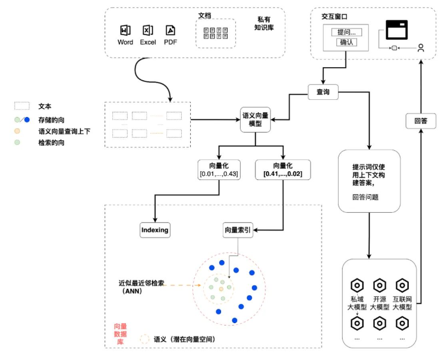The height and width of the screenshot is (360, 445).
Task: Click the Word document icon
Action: pos(125,30)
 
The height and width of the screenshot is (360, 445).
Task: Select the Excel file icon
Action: pos(147,30)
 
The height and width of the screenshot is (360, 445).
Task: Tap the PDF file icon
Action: pos(171,30)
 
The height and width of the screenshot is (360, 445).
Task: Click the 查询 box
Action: pos(323,92)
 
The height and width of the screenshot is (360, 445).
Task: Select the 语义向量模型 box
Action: pos(255,119)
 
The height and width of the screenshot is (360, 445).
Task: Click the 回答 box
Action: pos(421,121)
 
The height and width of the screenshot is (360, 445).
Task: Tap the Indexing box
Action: pos(155,230)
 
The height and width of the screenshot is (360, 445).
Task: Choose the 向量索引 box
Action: pos(238,230)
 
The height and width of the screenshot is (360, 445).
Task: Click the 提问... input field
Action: pos(346,32)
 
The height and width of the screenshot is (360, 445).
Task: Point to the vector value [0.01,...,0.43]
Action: pos(219,173)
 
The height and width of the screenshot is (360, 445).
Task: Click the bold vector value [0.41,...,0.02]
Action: pos(283,173)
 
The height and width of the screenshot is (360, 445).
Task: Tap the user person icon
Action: pos(421,48)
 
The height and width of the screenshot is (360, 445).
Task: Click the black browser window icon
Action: pos(396,30)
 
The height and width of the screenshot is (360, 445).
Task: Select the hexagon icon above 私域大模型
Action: pos(357,285)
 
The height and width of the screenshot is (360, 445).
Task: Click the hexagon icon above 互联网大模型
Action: pos(402,285)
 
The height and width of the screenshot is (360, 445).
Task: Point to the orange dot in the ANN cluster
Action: pos(221,289)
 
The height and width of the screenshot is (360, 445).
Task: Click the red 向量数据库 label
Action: pos(121,334)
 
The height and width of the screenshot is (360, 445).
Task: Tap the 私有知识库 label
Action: pos(264,23)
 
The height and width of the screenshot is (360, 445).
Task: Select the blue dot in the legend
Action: pos(27,120)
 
